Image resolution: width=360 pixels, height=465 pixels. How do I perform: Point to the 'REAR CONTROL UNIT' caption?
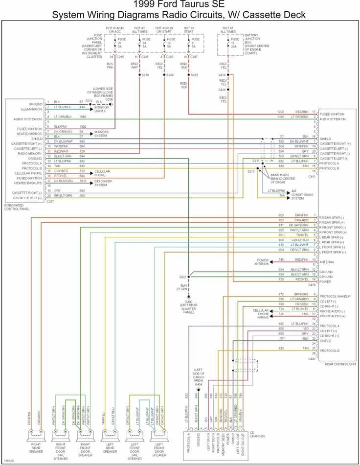338,364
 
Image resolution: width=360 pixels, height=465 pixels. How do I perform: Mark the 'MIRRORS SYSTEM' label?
102,134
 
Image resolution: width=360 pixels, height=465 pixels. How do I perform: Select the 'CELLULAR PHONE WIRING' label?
263,314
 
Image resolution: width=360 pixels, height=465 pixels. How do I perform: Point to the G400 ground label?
188,302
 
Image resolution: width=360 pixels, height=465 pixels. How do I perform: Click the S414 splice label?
222,75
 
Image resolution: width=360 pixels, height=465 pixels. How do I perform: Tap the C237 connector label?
50,201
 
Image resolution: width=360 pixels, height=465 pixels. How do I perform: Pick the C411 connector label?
312,176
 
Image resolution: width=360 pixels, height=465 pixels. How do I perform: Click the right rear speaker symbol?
36,433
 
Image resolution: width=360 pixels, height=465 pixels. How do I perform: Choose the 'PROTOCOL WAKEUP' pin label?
337,296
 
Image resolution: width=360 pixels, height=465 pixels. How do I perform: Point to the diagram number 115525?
9,461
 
